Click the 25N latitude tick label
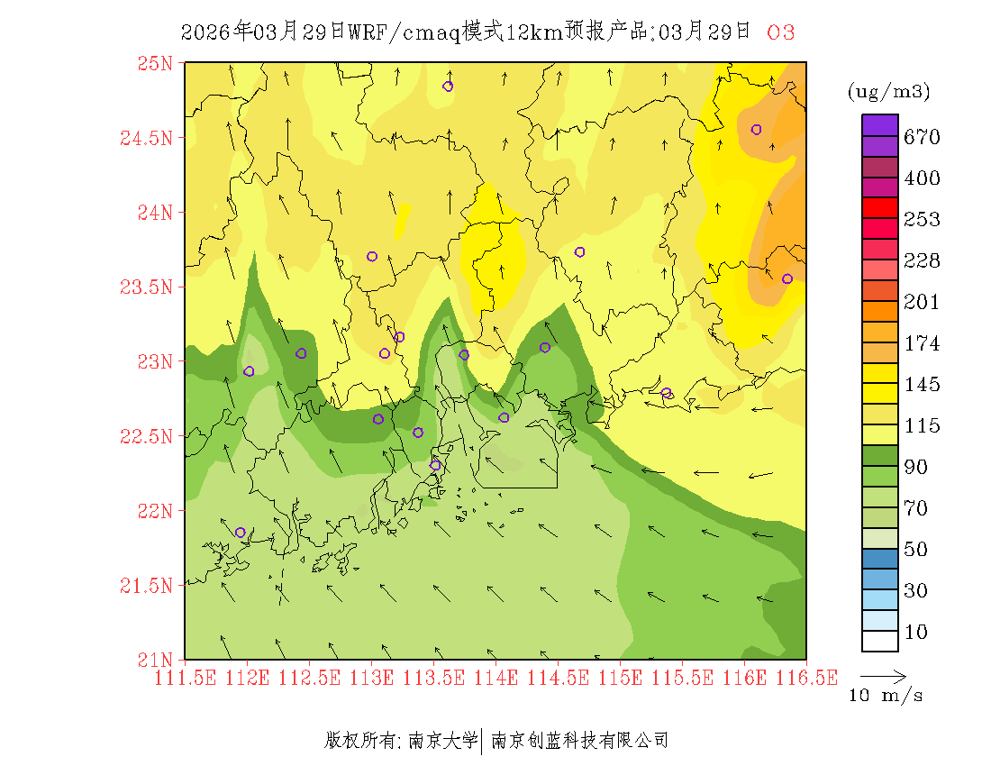pos(154,63)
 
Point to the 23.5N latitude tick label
pos(147,287)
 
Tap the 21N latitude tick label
pos(154,659)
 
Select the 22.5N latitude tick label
pos(147,436)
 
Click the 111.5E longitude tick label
pos(186,678)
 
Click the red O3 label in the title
pos(780,32)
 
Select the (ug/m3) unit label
pos(888,92)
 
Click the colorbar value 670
pos(923,137)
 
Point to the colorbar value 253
pos(923,220)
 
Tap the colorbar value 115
pos(923,426)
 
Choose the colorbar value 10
pos(915,633)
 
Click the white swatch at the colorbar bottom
pos(880,641)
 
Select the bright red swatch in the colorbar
pos(880,207)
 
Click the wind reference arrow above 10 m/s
pos(882,674)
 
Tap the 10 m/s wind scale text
pos(886,696)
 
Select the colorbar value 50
pos(915,550)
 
